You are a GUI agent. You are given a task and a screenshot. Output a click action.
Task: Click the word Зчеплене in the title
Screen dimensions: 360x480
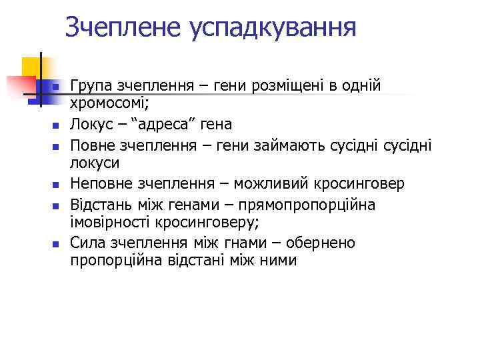pos(124,28)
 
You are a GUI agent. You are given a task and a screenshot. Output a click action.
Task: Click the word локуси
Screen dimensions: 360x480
pos(95,163)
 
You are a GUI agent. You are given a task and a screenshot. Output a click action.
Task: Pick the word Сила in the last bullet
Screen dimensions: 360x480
pos(87,243)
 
